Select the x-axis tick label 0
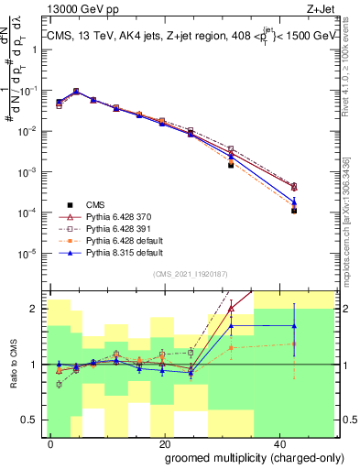(51, 442)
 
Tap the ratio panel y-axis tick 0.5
(32, 420)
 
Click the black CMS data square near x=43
(294, 211)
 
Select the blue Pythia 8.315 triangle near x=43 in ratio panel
(294, 325)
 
